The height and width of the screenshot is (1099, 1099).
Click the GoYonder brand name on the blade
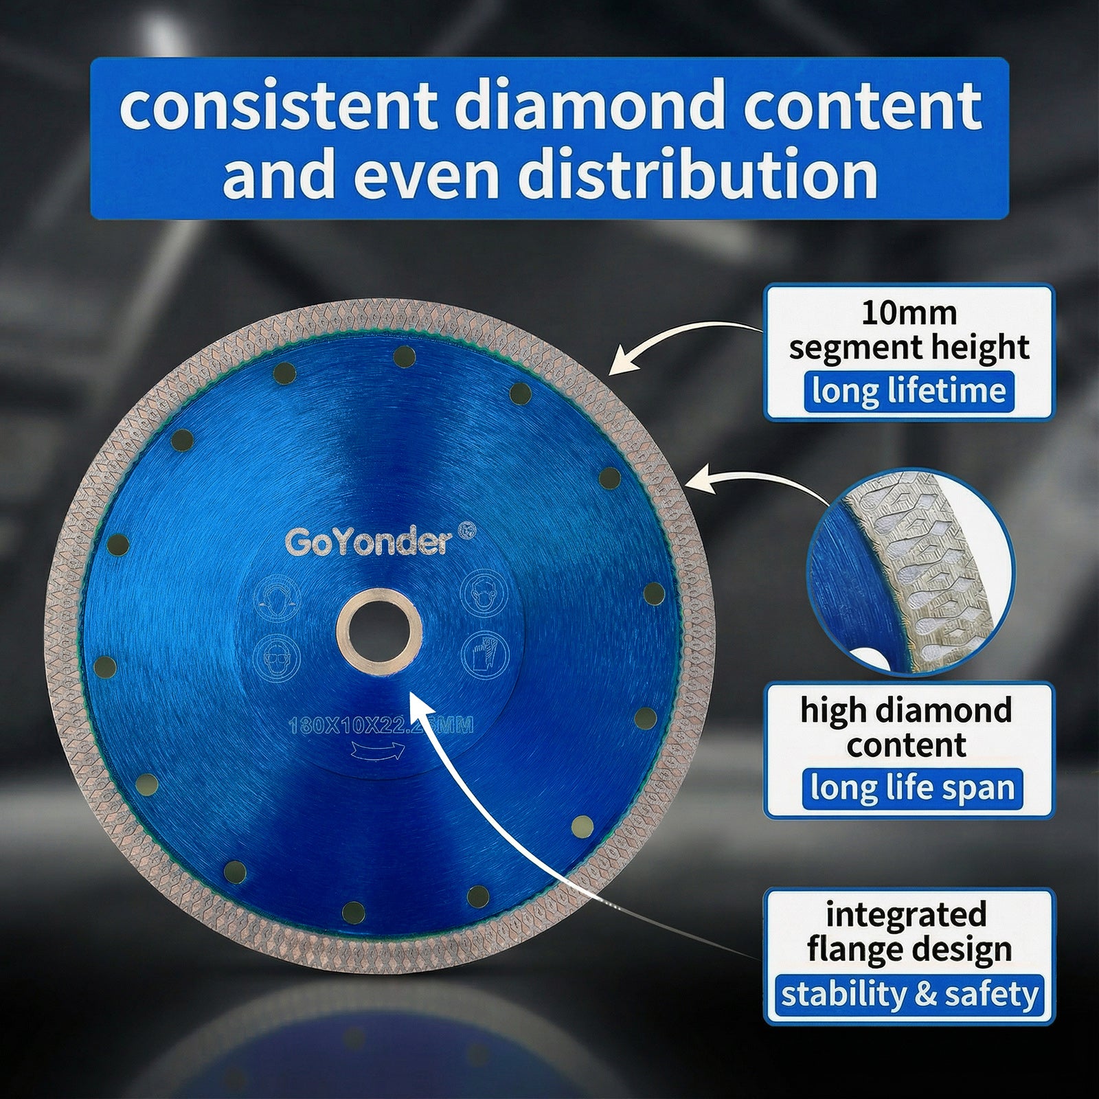point(369,542)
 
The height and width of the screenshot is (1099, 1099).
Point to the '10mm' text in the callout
point(908,313)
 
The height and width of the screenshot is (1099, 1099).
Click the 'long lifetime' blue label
point(908,391)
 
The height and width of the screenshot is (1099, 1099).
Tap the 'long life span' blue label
point(911,787)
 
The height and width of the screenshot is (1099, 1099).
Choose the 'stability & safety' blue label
point(909,994)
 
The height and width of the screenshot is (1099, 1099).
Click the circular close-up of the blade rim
point(910,572)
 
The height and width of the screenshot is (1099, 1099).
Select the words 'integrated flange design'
point(909,932)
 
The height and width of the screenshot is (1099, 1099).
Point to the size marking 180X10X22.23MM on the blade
point(381,725)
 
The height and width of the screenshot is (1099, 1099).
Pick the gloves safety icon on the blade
point(483,654)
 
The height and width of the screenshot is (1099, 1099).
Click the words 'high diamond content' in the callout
point(907,727)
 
